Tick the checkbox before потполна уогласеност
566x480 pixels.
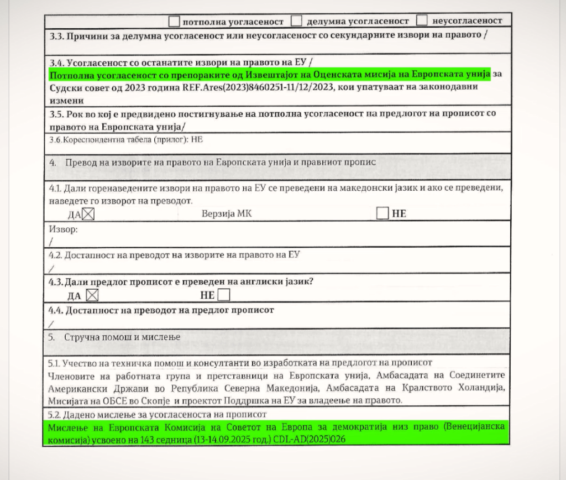pos(174,21)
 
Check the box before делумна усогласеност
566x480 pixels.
pos(296,21)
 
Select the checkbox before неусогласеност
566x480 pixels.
pos(422,21)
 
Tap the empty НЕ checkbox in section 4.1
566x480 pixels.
pos(382,213)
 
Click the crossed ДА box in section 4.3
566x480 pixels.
pos(92,295)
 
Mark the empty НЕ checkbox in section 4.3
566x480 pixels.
pos(223,295)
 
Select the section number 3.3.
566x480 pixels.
pos(56,35)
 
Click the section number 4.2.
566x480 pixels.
pos(55,255)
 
